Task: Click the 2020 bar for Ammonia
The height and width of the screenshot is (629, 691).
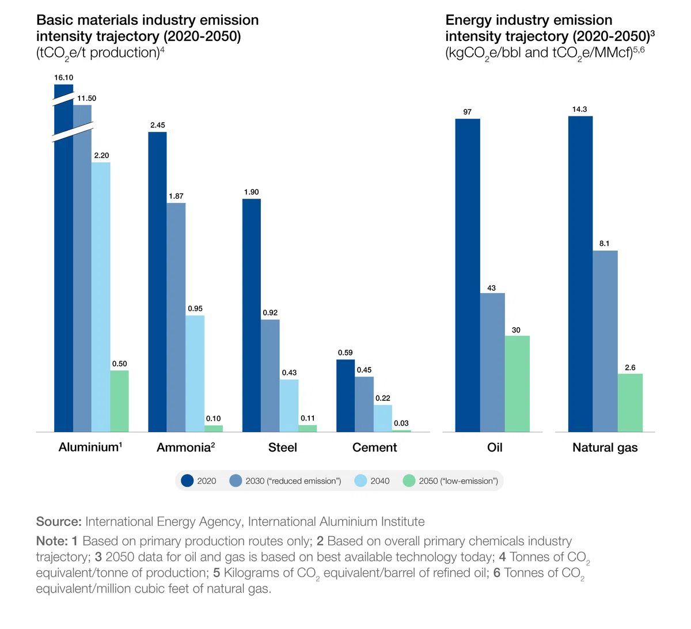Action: [157, 282]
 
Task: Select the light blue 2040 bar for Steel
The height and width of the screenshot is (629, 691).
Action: [288, 406]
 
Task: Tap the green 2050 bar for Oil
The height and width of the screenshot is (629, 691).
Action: [517, 384]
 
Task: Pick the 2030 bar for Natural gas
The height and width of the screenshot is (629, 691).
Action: [605, 341]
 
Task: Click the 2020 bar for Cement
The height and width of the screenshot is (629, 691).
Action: [345, 396]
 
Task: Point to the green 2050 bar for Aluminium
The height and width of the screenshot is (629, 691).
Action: [120, 401]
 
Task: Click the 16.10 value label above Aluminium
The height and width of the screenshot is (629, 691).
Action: [64, 78]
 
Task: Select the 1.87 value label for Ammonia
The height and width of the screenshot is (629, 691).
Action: [176, 196]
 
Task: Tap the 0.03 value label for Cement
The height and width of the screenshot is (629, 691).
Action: [401, 423]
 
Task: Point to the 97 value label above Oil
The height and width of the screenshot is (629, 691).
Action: [468, 112]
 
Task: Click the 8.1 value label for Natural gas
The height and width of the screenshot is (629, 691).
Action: [604, 244]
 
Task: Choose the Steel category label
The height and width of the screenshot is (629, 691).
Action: [283, 448]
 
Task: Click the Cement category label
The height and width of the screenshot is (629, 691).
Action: [374, 448]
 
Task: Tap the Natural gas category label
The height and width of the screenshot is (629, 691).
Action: [605, 448]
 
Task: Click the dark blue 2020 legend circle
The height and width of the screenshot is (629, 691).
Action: [187, 481]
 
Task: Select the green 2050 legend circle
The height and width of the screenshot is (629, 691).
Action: [409, 481]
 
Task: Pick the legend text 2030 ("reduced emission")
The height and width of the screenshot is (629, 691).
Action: [293, 481]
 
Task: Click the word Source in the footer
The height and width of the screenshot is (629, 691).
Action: [59, 521]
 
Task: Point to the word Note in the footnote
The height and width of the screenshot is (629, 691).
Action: [52, 541]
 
